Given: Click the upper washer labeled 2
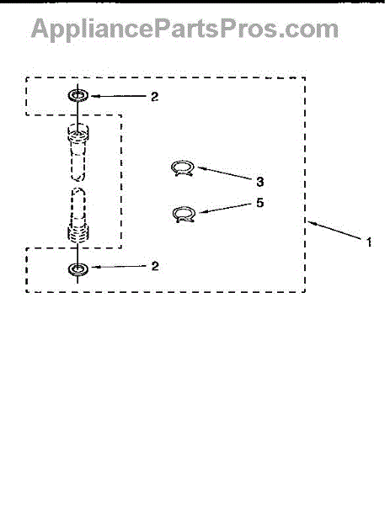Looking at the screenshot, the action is tap(78, 95).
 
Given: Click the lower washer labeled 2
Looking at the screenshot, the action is tap(78, 268).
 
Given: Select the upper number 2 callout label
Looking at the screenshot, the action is tap(155, 96).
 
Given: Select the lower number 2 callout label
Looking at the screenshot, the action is tap(155, 266).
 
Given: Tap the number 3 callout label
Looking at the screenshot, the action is tap(260, 182).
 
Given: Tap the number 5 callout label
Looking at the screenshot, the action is tap(259, 203).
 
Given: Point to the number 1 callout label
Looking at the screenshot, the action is tap(369, 242).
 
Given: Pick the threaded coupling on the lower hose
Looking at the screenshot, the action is tap(78, 232).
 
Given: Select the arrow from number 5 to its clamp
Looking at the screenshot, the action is tap(225, 208).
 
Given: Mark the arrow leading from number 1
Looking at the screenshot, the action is tap(334, 230).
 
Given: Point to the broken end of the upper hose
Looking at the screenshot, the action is tap(78, 178).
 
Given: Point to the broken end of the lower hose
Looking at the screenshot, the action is tap(78, 191).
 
